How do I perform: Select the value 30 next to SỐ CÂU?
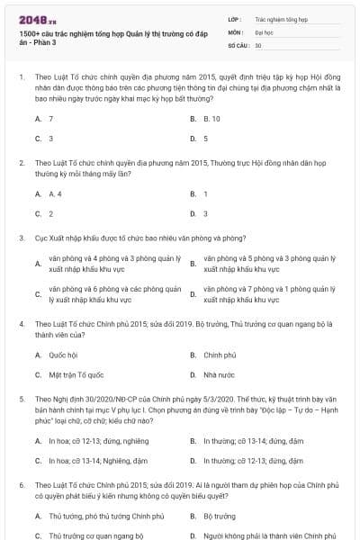[x=258, y=44]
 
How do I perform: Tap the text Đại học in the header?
[x=264, y=31]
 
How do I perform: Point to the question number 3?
[x=21, y=238]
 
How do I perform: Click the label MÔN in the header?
[x=235, y=31]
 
